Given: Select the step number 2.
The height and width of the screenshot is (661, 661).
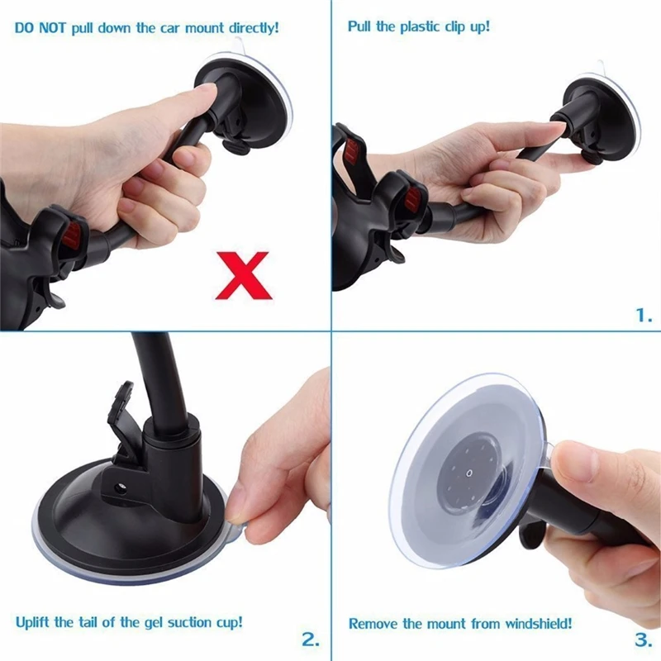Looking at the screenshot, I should coord(310,639).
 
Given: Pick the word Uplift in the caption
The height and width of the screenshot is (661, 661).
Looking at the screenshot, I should coord(32,621).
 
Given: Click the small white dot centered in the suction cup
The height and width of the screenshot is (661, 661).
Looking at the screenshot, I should coord(468,474).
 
